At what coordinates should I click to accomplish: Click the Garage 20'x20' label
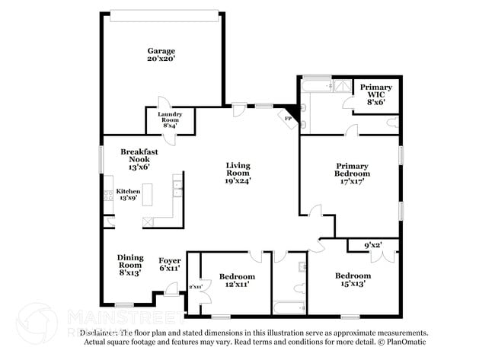click(161, 55)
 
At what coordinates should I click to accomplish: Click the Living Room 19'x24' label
click(238, 173)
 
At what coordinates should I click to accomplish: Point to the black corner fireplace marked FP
click(289, 116)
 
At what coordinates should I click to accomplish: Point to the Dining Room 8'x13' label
click(129, 264)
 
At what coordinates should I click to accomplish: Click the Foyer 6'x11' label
click(169, 264)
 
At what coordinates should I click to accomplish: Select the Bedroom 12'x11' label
click(237, 279)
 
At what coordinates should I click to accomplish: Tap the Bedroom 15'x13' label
click(353, 279)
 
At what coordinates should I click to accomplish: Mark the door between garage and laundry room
click(162, 104)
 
